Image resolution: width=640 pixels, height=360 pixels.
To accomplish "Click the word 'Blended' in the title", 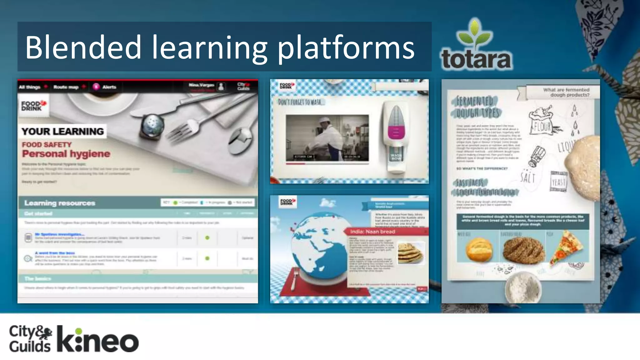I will pyautogui.click(x=83, y=47).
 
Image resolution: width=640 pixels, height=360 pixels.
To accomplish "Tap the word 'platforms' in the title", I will pyautogui.click(x=346, y=48).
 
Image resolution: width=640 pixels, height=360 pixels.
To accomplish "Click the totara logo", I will pyautogui.click(x=476, y=45).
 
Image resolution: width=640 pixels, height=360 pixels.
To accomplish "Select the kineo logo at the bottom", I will pyautogui.click(x=98, y=340).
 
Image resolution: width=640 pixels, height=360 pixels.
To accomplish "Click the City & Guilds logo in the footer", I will pyautogui.click(x=30, y=338).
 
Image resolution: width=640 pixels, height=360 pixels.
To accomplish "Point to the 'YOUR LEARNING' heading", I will pyautogui.click(x=62, y=132).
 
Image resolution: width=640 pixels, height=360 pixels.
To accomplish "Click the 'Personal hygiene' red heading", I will pyautogui.click(x=66, y=154).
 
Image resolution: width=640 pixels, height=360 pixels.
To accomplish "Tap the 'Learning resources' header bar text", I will pyautogui.click(x=60, y=203).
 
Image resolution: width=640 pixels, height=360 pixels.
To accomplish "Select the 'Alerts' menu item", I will pyautogui.click(x=109, y=87).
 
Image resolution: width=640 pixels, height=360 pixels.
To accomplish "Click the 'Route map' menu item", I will pyautogui.click(x=66, y=87).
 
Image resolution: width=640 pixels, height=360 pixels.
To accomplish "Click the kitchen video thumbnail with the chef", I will pyautogui.click(x=327, y=138).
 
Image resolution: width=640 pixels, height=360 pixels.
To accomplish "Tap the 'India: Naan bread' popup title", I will pyautogui.click(x=372, y=232).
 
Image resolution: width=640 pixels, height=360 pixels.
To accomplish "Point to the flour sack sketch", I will pyautogui.click(x=542, y=122).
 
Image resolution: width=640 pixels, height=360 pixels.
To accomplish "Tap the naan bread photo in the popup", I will pyautogui.click(x=411, y=252).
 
